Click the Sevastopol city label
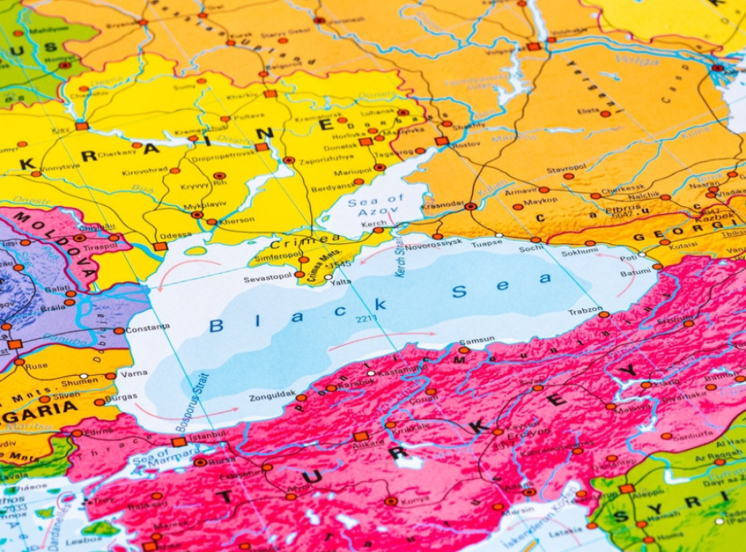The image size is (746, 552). click(x=267, y=279)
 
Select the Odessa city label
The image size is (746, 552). click(x=177, y=235)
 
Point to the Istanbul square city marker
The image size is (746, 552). click(x=178, y=442)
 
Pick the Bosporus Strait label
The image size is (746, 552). click(x=192, y=403)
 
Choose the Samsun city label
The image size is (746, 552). click(x=477, y=340)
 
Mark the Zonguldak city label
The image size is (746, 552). click(x=272, y=398)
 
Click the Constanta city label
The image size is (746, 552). click(x=148, y=328)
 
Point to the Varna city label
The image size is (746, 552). click(x=133, y=374)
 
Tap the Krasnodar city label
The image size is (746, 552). click(x=442, y=206)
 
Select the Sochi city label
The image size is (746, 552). click(x=531, y=248)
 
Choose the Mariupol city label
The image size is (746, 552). click(x=353, y=173)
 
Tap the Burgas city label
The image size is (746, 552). click(x=121, y=398)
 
